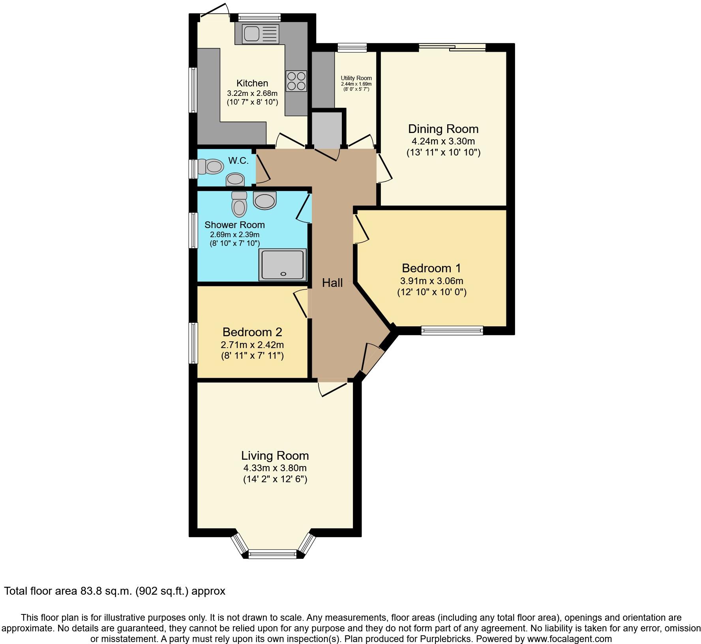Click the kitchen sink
pyautogui.click(x=257, y=34)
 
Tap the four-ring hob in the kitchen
pyautogui.click(x=296, y=81)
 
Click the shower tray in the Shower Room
pyautogui.click(x=282, y=265)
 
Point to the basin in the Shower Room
pyautogui.click(x=265, y=200)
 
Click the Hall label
pyautogui.click(x=332, y=283)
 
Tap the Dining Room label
pyautogui.click(x=443, y=129)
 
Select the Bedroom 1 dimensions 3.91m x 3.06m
pyautogui.click(x=431, y=281)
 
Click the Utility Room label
pyautogui.click(x=356, y=78)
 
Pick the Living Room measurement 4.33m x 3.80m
pyautogui.click(x=275, y=468)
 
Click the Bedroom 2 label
pyautogui.click(x=252, y=332)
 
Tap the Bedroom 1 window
pyautogui.click(x=452, y=330)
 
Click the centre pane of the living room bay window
pyautogui.click(x=272, y=554)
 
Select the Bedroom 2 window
pyautogui.click(x=193, y=343)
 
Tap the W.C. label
pyautogui.click(x=238, y=161)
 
